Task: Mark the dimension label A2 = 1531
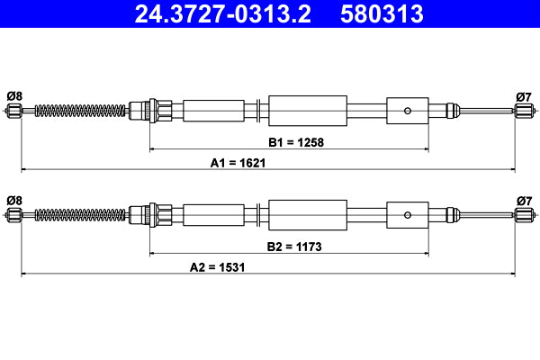click(x=218, y=267)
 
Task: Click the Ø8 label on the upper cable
click(x=13, y=96)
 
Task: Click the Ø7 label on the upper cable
click(x=524, y=96)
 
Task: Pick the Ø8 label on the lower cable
click(x=13, y=199)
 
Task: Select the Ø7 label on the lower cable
click(x=524, y=199)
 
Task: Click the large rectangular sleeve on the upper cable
click(x=308, y=111)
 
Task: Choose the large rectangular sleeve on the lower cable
click(x=308, y=214)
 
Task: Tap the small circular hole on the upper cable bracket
click(x=409, y=111)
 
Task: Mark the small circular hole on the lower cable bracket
click(x=409, y=214)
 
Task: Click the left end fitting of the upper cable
click(x=14, y=112)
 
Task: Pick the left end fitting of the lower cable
click(x=14, y=214)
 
